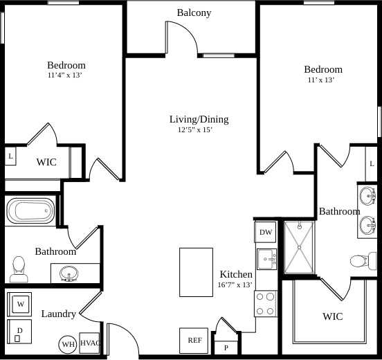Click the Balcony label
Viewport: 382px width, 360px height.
pos(194,12)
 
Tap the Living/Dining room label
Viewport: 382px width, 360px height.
pos(199,119)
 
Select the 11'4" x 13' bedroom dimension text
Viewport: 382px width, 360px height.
pos(66,75)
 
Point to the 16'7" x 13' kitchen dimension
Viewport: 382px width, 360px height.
pos(235,285)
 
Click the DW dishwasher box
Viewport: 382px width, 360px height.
pos(266,232)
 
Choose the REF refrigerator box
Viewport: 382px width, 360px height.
pos(194,340)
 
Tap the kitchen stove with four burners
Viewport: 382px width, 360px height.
pos(266,303)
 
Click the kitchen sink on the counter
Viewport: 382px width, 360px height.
pos(266,259)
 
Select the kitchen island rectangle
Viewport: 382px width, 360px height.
pos(195,273)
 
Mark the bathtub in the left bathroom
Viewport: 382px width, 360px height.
pos(30,210)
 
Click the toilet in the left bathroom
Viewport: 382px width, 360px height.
pos(18,269)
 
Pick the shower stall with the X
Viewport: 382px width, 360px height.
pos(299,247)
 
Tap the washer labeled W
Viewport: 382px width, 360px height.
pos(20,303)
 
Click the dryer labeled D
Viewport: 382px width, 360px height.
pos(19,331)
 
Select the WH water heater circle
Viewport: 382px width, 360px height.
pos(68,344)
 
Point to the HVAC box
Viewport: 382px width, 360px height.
pos(91,343)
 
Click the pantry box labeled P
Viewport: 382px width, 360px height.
pos(226,347)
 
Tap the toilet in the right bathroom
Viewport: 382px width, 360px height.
pos(360,261)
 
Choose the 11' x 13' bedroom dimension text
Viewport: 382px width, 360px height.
pos(321,80)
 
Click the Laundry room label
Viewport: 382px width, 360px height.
pos(58,314)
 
